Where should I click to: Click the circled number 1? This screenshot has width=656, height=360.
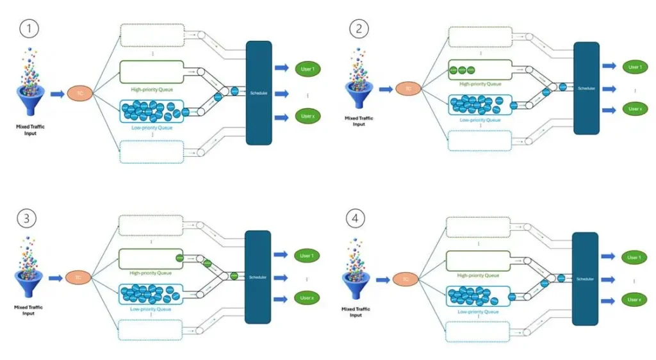click(x=28, y=29)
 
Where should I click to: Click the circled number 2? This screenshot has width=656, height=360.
click(x=357, y=29)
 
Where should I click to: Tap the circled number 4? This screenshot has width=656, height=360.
click(x=356, y=218)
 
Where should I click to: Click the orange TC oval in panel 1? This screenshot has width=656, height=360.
click(x=80, y=94)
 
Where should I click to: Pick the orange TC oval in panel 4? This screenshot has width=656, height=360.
click(x=406, y=279)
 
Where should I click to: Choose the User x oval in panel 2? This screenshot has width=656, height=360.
click(x=634, y=110)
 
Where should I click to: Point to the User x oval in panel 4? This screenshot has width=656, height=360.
click(x=634, y=300)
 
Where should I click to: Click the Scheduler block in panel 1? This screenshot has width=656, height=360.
click(x=259, y=93)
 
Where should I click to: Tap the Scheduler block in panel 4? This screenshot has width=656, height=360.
click(x=584, y=279)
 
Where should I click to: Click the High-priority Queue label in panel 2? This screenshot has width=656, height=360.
click(x=475, y=84)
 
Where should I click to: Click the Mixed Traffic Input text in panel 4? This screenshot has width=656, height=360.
click(x=356, y=312)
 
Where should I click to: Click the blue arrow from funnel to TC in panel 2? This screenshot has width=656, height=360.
click(x=384, y=89)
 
